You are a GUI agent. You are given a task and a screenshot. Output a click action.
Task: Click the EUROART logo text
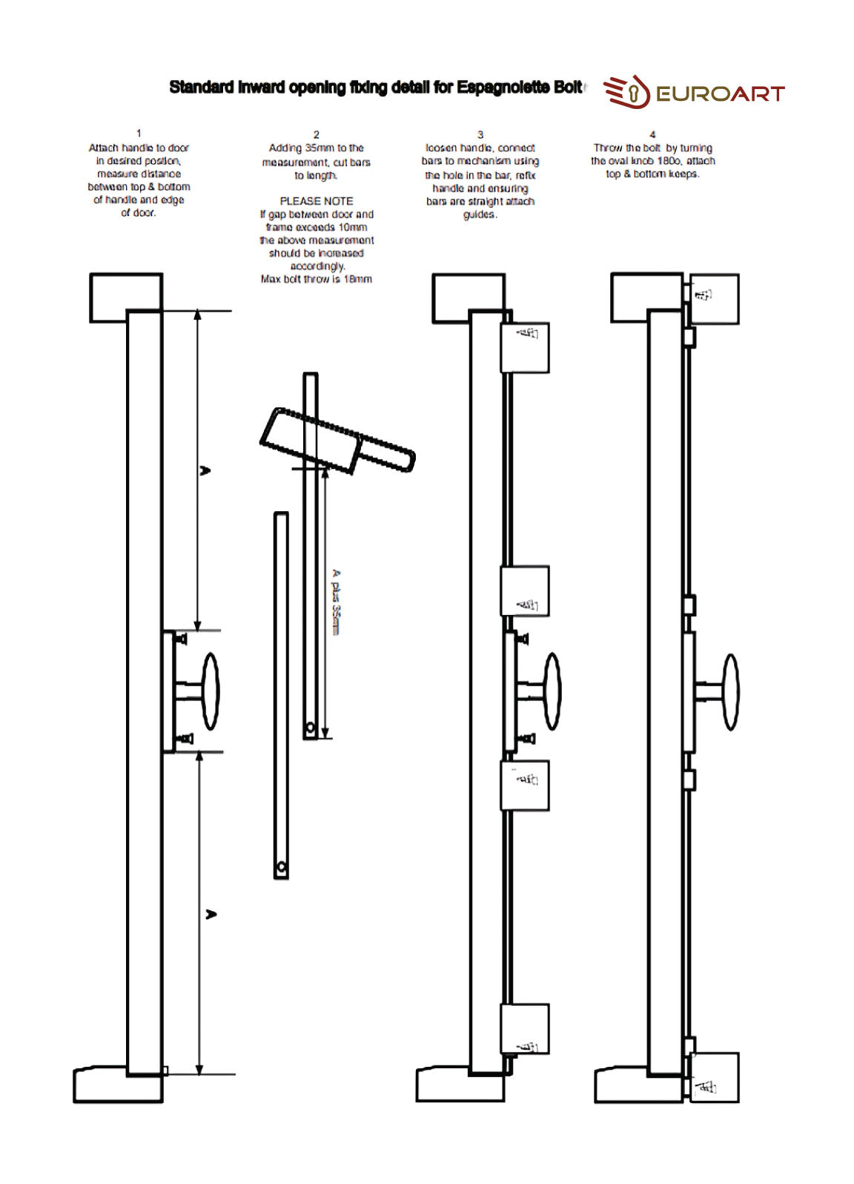[x=719, y=93]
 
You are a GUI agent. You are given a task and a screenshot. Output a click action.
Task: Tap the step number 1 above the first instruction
[x=139, y=134]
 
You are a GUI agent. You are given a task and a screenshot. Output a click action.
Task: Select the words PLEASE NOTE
[x=317, y=201]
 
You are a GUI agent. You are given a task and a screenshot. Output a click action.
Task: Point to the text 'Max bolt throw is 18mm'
[x=317, y=279]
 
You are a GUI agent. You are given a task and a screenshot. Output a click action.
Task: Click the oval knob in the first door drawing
[x=211, y=691]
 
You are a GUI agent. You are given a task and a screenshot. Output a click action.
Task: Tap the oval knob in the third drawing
[x=552, y=691]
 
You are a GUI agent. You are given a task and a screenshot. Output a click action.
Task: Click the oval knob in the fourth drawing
[x=731, y=691]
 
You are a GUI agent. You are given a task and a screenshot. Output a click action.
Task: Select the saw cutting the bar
[x=337, y=441]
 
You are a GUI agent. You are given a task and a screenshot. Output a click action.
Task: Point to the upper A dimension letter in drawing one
[x=206, y=470]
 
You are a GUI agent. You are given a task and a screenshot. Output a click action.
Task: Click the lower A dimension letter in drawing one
[x=211, y=914]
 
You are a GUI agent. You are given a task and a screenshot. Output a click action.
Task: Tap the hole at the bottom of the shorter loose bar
[x=281, y=867]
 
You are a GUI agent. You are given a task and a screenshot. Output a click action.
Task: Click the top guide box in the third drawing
[x=525, y=347]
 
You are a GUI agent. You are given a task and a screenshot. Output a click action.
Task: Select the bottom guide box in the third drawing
[x=525, y=1029]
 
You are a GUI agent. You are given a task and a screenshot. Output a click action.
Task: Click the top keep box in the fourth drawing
[x=715, y=299]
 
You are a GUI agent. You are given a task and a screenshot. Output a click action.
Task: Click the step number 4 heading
[x=652, y=134]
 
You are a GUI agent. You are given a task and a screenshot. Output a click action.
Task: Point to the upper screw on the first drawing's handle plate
[x=181, y=638]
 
